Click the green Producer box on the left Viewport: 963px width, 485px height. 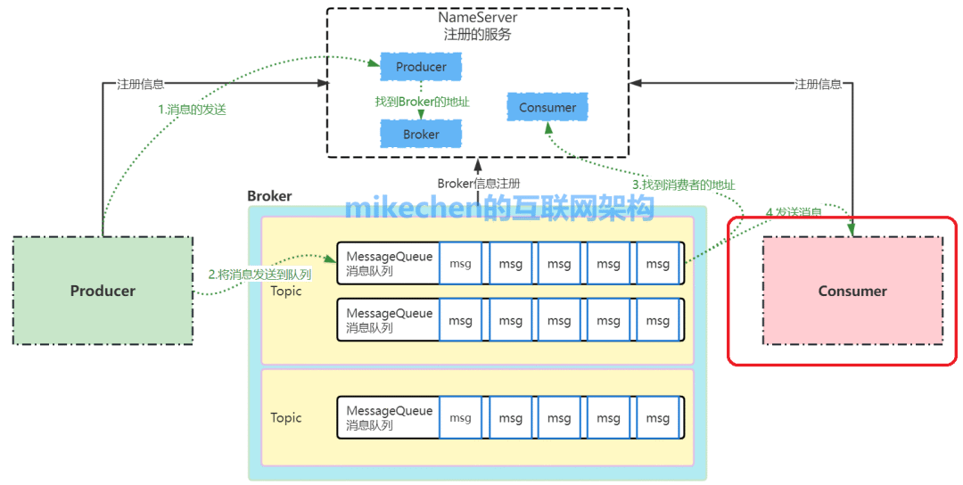tap(103, 291)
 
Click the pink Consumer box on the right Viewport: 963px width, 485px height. tap(852, 291)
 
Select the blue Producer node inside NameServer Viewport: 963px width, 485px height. tap(421, 67)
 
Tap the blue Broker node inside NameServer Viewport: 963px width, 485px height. tap(421, 135)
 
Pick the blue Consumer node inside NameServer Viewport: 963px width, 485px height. tap(547, 108)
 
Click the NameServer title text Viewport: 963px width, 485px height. tap(477, 18)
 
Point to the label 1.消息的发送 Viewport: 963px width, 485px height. tap(192, 110)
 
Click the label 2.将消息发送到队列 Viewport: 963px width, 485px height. tap(259, 275)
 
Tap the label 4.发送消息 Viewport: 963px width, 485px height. tap(794, 212)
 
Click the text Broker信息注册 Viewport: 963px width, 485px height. tap(478, 184)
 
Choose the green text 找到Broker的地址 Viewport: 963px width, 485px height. tap(422, 102)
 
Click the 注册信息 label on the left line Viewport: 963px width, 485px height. tap(141, 85)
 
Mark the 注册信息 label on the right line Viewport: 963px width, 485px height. tap(818, 85)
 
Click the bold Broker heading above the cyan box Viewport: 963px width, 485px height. tap(269, 196)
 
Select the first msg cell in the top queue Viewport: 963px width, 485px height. tap(461, 264)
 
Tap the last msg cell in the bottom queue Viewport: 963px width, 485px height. tap(658, 418)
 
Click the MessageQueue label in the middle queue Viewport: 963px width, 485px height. tap(389, 314)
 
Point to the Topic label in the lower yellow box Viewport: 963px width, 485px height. tap(286, 418)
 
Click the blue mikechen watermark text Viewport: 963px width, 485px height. tap(499, 208)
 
